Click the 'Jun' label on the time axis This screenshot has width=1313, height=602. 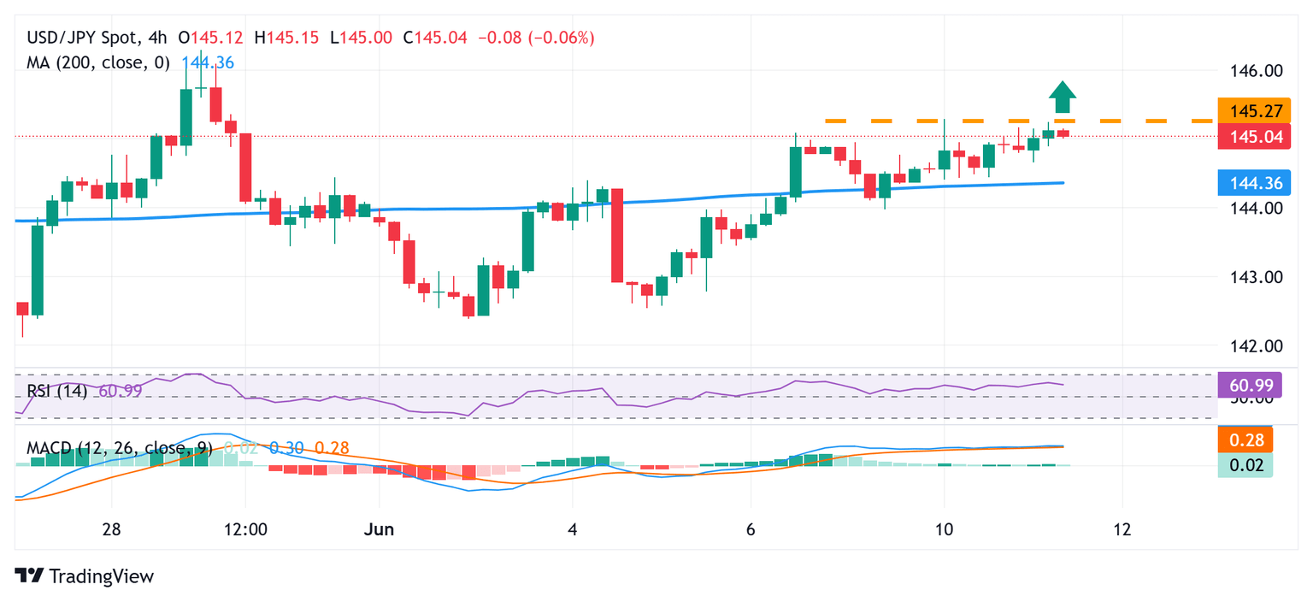tap(378, 529)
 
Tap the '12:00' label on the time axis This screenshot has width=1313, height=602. tap(244, 529)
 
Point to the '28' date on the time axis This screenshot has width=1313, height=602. tap(110, 529)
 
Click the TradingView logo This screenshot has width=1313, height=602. tap(85, 576)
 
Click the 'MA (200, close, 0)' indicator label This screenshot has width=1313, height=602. tap(98, 62)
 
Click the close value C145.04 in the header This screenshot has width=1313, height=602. tap(436, 38)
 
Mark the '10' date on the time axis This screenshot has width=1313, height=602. tap(944, 529)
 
